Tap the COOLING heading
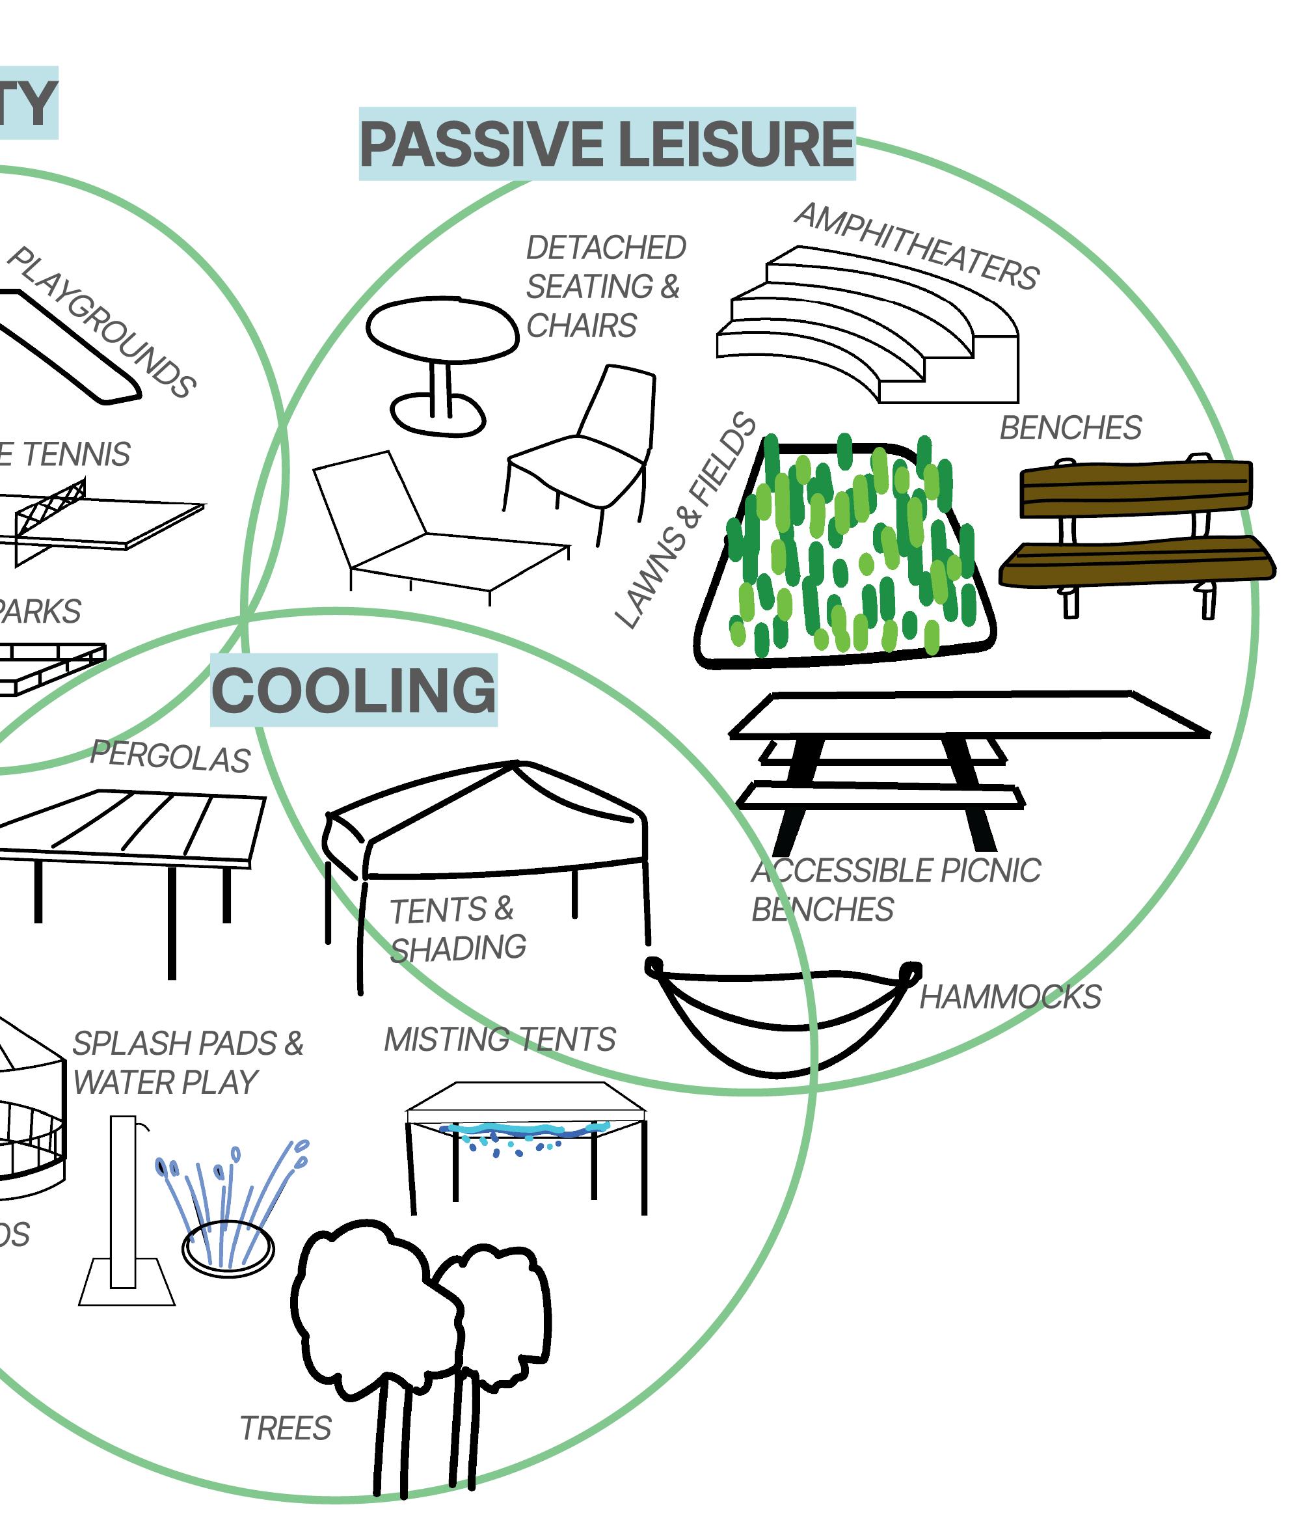point(353,690)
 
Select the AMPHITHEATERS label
point(917,246)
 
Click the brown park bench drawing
point(1136,529)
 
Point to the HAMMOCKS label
point(1010,997)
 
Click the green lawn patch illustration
point(844,551)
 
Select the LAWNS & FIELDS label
point(685,521)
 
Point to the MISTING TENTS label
point(500,1039)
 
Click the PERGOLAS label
point(170,757)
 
